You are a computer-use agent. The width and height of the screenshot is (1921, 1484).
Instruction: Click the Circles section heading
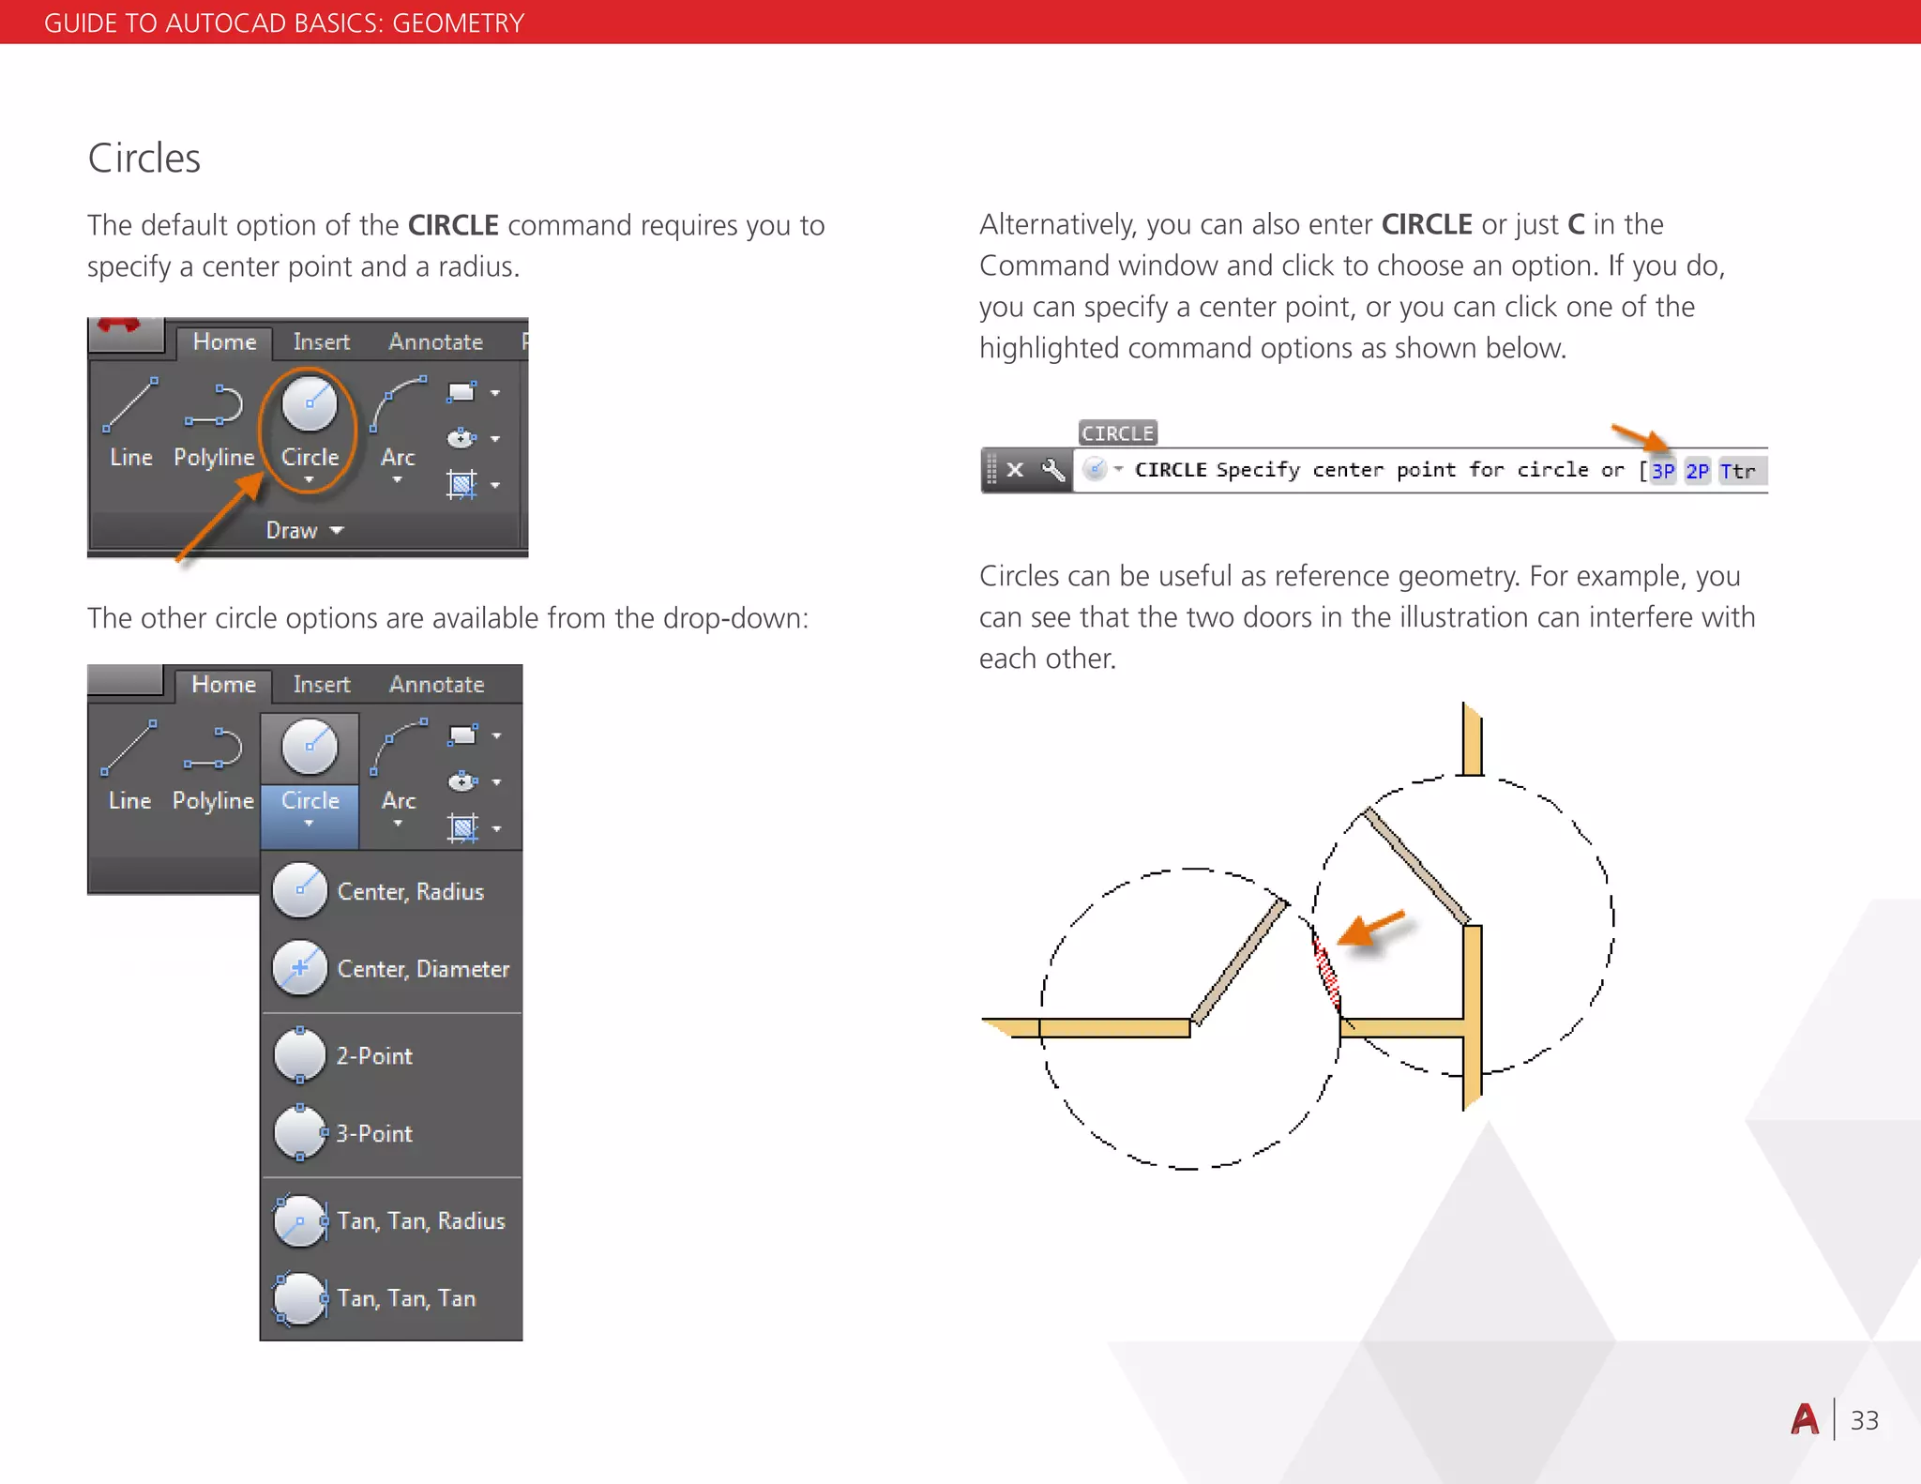(x=144, y=159)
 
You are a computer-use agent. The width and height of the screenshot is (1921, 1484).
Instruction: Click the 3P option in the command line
(x=1662, y=471)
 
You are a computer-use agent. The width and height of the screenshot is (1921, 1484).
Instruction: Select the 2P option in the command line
(x=1697, y=471)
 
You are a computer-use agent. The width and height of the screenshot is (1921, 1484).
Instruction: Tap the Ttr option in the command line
(x=1738, y=471)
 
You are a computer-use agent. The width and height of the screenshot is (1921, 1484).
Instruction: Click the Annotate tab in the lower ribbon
(x=436, y=685)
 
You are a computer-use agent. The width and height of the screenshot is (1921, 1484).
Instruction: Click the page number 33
(x=1864, y=1420)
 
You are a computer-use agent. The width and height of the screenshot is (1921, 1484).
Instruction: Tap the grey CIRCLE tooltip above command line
(x=1117, y=433)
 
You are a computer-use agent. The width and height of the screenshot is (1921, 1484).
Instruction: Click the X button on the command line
(x=1015, y=470)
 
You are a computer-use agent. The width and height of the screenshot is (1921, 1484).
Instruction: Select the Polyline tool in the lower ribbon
(x=214, y=765)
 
